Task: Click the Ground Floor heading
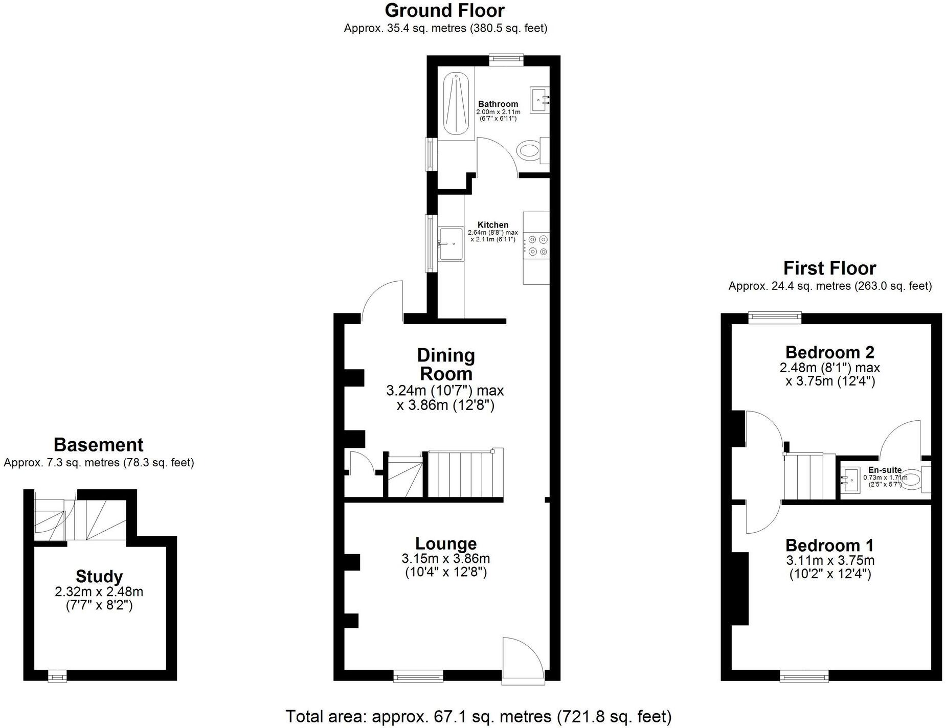[x=444, y=10]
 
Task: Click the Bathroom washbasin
[x=539, y=99]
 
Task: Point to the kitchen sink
[x=451, y=244]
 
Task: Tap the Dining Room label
[x=445, y=364]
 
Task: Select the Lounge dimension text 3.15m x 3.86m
[x=445, y=558]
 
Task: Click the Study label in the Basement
[x=99, y=576]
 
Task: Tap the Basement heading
[x=98, y=445]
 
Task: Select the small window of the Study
[x=57, y=677]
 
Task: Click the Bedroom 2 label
[x=829, y=352]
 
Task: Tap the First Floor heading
[x=829, y=268]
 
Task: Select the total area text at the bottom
[x=478, y=716]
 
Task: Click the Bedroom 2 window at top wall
[x=775, y=317]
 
